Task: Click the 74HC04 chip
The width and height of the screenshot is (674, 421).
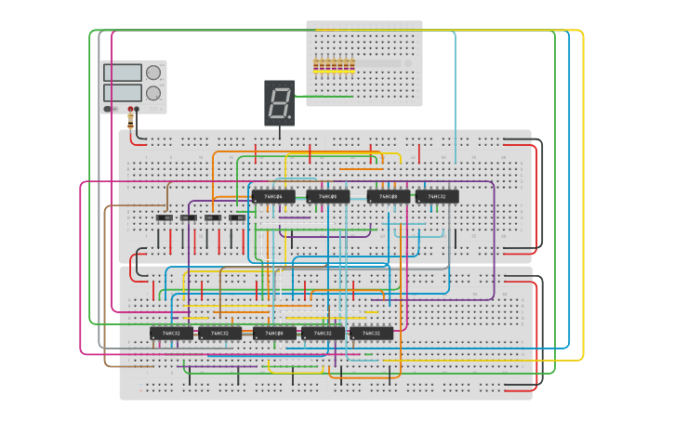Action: tap(273, 196)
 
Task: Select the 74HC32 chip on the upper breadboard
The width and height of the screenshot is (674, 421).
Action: tap(437, 196)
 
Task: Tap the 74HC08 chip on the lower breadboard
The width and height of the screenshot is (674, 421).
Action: tap(274, 333)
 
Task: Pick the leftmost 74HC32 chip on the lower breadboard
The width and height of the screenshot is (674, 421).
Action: tap(172, 333)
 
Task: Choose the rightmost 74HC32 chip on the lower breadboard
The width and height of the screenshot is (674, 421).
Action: tap(371, 333)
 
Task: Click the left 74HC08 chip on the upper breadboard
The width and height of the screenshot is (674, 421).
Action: tap(328, 196)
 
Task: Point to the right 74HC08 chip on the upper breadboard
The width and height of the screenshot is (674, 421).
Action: tap(389, 196)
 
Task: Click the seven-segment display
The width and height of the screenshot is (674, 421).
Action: tap(280, 102)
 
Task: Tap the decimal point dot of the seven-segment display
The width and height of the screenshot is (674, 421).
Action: tap(290, 117)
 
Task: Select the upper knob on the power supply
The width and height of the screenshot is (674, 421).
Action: tap(153, 72)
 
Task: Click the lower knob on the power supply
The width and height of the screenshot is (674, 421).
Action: tap(153, 93)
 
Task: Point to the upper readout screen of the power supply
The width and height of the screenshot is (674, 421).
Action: tap(123, 72)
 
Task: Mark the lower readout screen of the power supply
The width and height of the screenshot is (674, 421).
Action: tap(123, 93)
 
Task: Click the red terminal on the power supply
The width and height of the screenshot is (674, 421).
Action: tap(129, 110)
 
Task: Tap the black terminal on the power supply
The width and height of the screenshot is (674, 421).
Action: tap(137, 110)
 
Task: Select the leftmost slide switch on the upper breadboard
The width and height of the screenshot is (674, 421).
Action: tap(164, 217)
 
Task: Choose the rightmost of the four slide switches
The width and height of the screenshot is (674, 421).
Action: tap(237, 217)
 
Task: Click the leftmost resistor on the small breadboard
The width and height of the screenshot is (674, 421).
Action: tap(316, 66)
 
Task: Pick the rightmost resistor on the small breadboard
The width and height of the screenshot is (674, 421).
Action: tap(352, 66)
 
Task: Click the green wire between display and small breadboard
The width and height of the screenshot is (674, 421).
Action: tap(324, 96)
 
